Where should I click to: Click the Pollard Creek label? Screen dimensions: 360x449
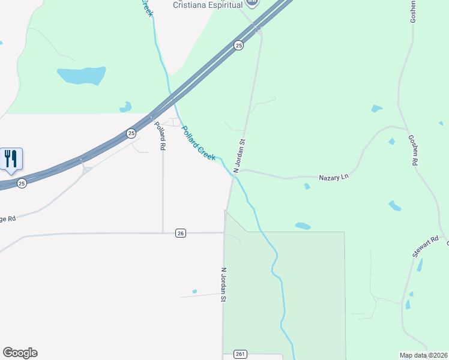pos(199,143)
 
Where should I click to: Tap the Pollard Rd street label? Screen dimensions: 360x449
pos(160,136)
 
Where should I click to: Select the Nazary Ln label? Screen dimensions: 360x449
pos(333,178)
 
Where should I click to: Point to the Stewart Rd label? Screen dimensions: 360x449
pos(426,247)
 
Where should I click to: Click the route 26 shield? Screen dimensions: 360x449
pos(180,233)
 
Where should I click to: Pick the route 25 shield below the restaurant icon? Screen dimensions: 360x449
pos(22,182)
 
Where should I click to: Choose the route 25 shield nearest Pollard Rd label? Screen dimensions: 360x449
pos(131,133)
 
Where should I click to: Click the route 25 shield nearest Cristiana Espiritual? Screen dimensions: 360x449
pos(238,46)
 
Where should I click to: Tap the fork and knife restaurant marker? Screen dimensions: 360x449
pos(11,159)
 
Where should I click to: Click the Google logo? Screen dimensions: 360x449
pos(20,353)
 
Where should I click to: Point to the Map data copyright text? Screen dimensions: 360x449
pos(424,355)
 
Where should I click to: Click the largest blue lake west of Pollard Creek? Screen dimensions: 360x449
pos(81,76)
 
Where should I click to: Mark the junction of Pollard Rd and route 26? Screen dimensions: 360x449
pos(163,233)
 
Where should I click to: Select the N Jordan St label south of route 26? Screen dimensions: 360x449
pos(223,284)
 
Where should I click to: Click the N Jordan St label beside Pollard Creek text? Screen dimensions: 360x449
pos(240,157)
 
